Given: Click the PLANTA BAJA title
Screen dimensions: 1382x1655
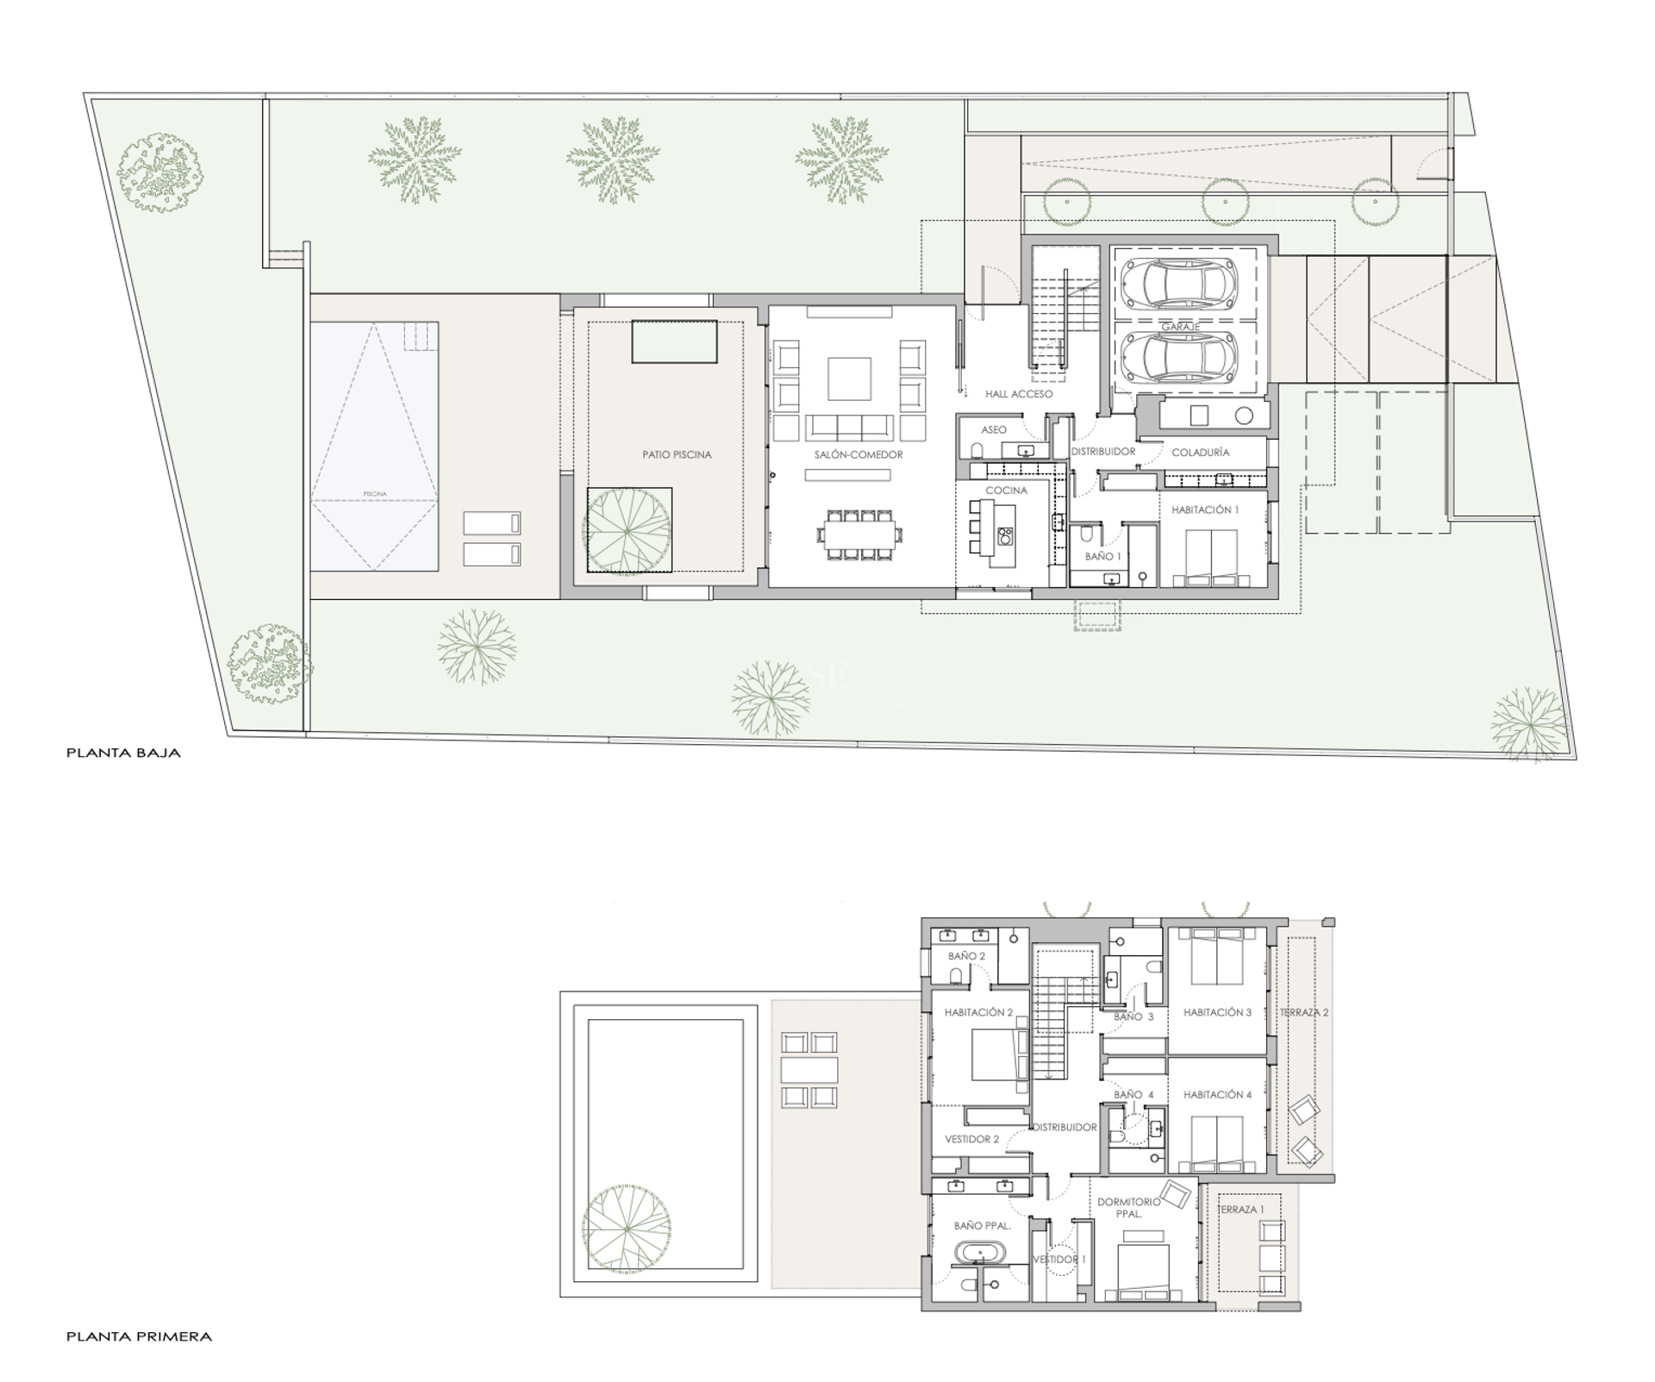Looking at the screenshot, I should pos(123,753).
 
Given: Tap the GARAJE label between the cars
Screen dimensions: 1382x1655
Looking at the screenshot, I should pos(1180,327).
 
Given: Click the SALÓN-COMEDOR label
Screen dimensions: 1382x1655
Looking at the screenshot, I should pos(858,454).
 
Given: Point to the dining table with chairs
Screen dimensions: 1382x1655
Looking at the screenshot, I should pos(859,536).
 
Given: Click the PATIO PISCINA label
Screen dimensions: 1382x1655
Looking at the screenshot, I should pos(677,454).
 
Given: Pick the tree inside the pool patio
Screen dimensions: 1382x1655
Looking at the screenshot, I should pos(628,528).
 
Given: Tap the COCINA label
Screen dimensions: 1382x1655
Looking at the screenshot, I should pos(1006,491).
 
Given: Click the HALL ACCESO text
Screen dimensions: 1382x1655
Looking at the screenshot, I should pos(1019,394).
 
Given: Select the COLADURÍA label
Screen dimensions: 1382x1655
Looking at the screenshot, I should pos(1200,452).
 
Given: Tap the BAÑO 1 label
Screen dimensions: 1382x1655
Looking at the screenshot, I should pos(1102,557).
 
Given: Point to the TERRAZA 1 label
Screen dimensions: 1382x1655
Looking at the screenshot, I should pos(1240,1210).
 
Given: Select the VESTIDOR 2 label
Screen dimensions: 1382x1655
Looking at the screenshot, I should pos(971,1139).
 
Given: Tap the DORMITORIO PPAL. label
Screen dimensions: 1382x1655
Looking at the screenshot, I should pos(1128,1207).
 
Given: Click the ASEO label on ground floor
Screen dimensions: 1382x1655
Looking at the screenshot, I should pos(993,429).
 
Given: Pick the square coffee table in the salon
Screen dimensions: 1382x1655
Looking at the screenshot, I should pos(849,378).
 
